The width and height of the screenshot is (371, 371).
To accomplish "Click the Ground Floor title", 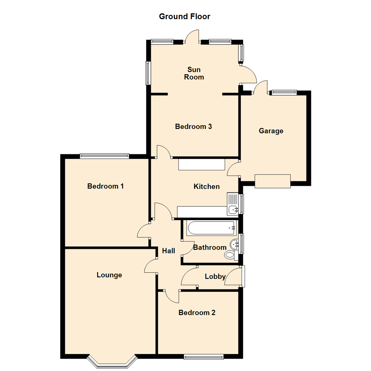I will point(184,16).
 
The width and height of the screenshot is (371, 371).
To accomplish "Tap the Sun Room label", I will point(194,74).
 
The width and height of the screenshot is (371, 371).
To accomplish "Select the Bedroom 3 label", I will point(193,126).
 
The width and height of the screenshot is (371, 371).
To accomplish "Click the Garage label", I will point(271,131).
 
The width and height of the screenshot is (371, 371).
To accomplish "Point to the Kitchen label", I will point(206,187).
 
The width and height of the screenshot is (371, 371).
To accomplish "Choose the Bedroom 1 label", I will point(105,186).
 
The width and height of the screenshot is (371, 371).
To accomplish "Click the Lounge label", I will point(109,275).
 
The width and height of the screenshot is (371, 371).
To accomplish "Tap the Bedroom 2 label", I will point(197,313).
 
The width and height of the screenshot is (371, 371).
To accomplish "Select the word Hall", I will point(169,251).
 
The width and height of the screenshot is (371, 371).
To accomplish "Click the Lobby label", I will point(215,277).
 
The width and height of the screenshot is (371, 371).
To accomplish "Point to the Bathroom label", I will point(210,247).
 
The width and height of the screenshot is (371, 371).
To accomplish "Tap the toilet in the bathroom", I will point(230,255).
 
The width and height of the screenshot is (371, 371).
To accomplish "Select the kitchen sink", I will point(233,204).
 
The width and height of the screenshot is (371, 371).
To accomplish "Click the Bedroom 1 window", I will point(104,156).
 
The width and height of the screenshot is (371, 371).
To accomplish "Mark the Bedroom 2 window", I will point(204,357).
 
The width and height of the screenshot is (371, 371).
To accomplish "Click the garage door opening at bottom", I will point(273,181).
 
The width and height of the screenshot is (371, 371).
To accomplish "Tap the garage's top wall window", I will point(284,92).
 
